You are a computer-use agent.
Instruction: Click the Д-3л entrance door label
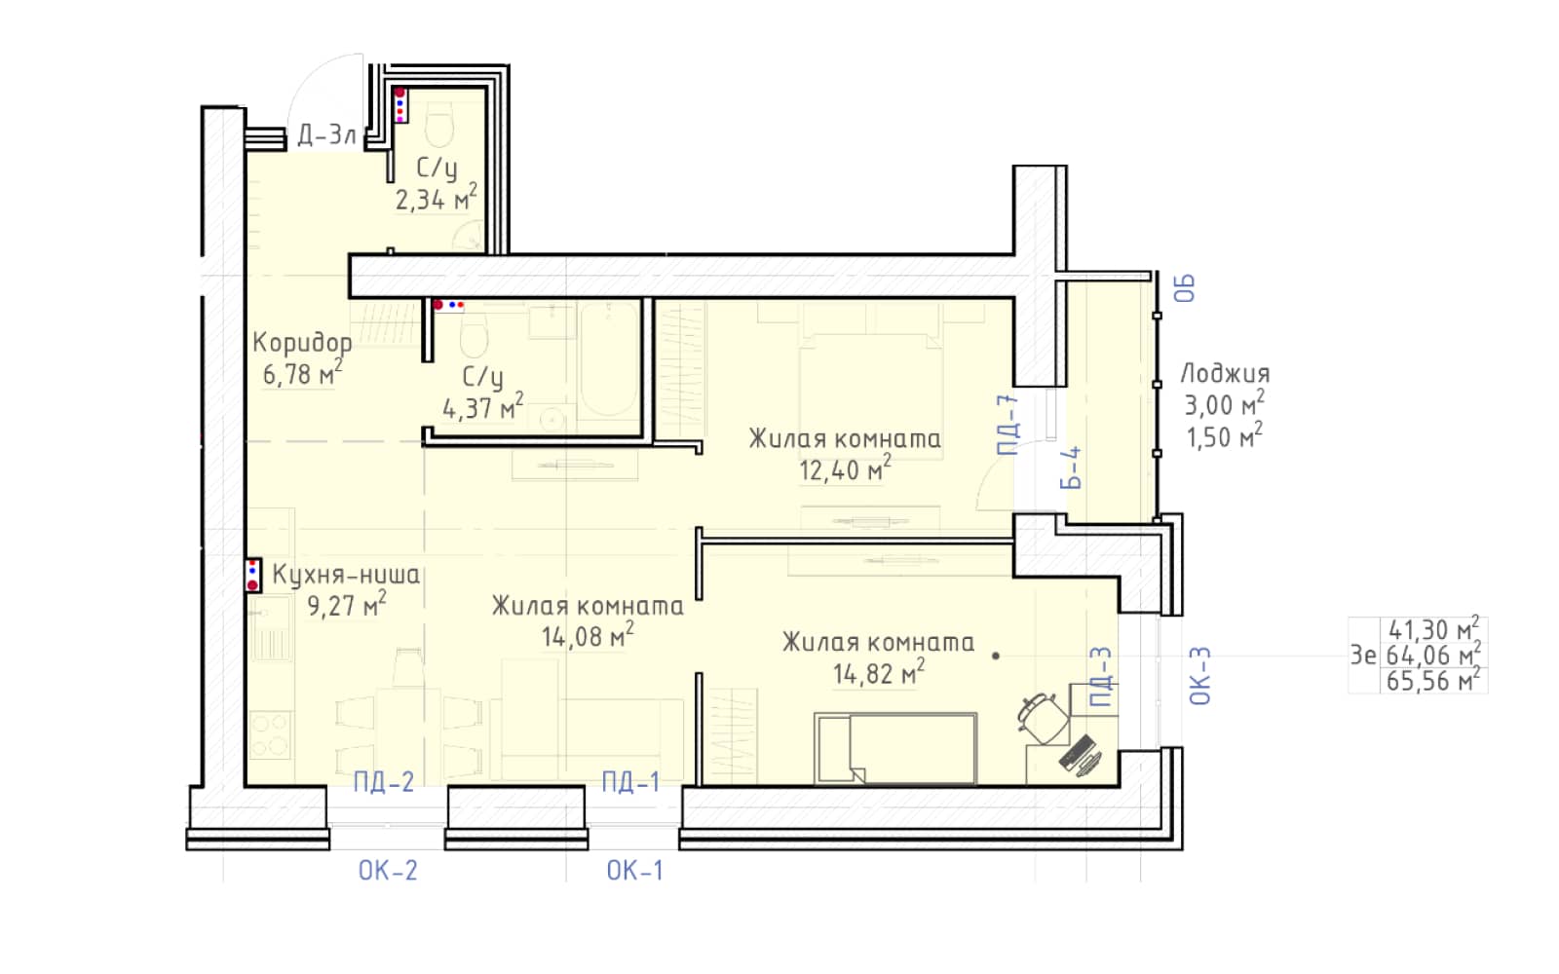(x=327, y=135)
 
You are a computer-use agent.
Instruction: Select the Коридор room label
(x=302, y=343)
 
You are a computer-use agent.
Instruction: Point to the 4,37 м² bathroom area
(x=483, y=407)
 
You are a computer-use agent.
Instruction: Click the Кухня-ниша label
(x=346, y=575)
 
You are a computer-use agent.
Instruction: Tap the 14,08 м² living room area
(x=589, y=635)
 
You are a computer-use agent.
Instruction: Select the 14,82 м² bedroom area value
(x=879, y=672)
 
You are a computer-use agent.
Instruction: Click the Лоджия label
(x=1225, y=374)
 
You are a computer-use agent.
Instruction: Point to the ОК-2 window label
(x=388, y=871)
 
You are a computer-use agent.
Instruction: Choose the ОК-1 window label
(x=634, y=871)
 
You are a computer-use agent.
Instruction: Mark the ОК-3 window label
(x=1200, y=676)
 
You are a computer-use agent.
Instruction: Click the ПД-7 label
(x=1008, y=425)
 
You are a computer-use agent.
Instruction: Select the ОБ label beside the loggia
(x=1185, y=288)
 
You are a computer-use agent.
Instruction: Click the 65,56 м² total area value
(x=1433, y=681)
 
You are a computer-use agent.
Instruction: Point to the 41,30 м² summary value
(x=1433, y=629)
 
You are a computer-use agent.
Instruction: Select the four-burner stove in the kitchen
(x=270, y=735)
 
